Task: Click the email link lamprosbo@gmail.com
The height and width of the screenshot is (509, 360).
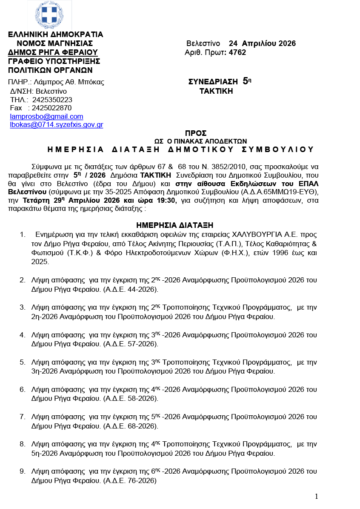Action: [46, 116]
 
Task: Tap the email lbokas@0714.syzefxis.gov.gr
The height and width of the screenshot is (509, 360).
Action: [57, 125]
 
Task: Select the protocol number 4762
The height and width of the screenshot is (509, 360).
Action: [237, 52]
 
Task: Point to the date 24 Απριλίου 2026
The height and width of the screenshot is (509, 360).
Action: [262, 43]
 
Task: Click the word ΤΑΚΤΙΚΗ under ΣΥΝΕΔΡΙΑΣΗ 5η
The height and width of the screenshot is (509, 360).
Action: [216, 91]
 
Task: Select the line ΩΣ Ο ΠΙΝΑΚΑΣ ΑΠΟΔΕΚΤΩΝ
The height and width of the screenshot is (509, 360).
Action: [200, 141]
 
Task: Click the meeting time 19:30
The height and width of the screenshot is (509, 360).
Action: [168, 201]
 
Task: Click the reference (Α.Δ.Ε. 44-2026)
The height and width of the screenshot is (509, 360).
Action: [130, 290]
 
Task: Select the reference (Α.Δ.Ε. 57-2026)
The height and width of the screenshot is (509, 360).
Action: [130, 344]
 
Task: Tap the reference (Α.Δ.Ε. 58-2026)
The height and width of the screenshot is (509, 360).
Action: [130, 398]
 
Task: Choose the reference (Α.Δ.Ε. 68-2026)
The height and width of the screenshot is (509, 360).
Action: [130, 426]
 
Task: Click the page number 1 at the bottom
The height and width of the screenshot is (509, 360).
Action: [316, 496]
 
